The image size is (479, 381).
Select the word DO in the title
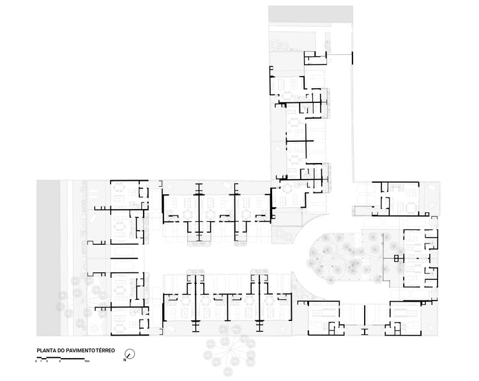(63, 351)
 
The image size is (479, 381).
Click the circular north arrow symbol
(130, 354)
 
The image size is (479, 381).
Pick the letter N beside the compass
(125, 360)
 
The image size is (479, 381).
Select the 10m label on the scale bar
(87, 362)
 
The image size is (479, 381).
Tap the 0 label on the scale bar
(36, 362)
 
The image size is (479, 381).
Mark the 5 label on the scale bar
(60, 362)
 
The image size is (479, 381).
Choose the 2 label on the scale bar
(46, 362)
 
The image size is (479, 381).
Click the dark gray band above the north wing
(310, 14)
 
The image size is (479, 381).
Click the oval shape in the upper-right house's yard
(432, 190)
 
